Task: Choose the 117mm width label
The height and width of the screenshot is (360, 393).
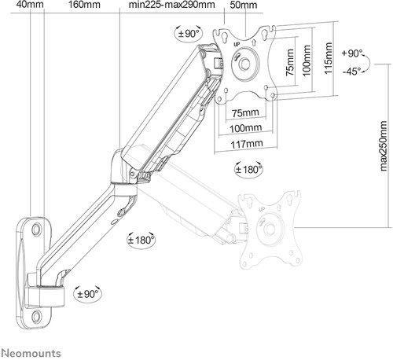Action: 247,144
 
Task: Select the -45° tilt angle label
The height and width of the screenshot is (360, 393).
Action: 354,71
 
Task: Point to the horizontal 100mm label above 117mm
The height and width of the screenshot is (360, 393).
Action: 247,128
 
